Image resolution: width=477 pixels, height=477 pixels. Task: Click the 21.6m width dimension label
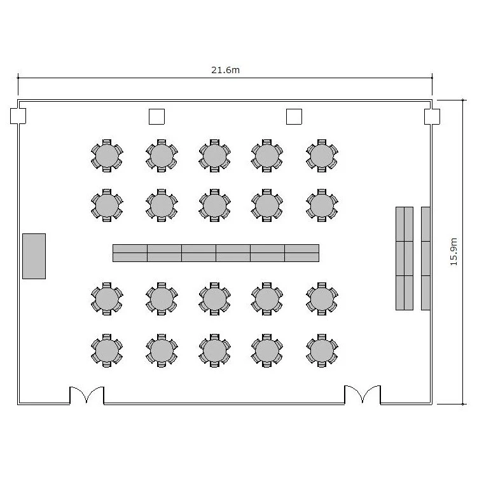tap(225, 70)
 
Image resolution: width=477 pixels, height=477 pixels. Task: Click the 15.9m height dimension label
tap(453, 252)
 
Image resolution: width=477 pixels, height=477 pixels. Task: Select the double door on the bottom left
tap(86, 396)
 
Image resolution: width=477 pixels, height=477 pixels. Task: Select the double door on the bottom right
tap(363, 394)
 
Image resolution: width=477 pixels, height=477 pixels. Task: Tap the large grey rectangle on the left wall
tap(34, 256)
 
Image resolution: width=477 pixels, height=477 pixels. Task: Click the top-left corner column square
tap(18, 116)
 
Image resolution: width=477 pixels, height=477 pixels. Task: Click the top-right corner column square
tap(432, 117)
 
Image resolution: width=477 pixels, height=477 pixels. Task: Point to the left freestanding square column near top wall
tap(156, 116)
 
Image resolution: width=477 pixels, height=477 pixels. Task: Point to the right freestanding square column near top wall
tap(294, 116)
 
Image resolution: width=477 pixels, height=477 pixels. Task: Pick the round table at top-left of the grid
tap(107, 156)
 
